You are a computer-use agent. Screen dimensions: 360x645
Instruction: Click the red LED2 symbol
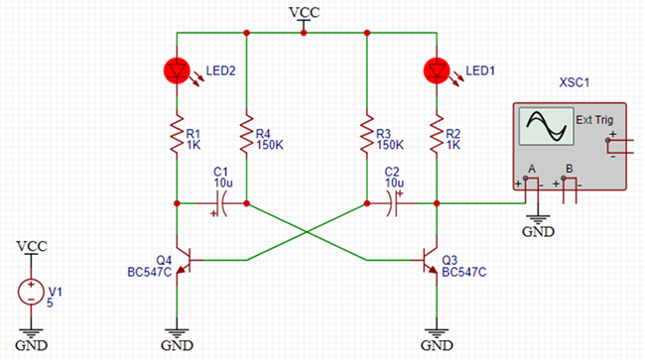pyautogui.click(x=176, y=70)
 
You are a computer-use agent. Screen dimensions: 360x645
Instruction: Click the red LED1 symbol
pyautogui.click(x=436, y=70)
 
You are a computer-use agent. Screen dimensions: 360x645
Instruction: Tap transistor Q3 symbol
pyautogui.click(x=433, y=260)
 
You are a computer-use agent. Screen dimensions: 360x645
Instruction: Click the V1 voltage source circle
pyautogui.click(x=32, y=293)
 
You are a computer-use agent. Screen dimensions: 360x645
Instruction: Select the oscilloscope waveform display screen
pyautogui.click(x=544, y=129)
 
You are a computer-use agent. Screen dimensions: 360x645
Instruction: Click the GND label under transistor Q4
pyautogui.click(x=176, y=345)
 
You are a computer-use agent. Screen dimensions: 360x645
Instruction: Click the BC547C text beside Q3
pyautogui.click(x=465, y=271)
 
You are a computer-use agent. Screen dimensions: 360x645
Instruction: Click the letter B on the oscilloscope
pyautogui.click(x=569, y=169)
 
